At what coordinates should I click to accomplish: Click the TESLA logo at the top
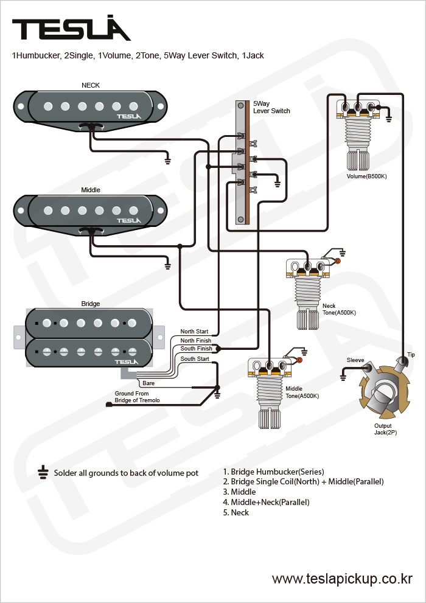coord(71,29)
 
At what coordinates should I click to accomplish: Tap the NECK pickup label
coord(90,86)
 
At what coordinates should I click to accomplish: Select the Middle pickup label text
coord(91,190)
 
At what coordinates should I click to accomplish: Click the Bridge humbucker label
coord(91,304)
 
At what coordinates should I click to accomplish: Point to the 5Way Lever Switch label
coord(271,107)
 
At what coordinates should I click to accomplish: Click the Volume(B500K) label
coord(367,176)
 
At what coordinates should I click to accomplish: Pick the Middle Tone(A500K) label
coord(302,392)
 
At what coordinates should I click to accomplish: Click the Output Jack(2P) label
coord(383,429)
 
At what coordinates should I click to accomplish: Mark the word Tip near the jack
coord(411,355)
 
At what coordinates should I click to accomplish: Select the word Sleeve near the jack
coord(355,360)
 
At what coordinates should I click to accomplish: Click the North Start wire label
coord(194,332)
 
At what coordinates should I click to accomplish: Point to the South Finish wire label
coord(196,349)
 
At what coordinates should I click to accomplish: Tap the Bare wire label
coord(148,383)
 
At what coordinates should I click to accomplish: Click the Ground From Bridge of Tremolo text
coord(137,397)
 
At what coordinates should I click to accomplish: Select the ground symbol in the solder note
coord(43,472)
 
